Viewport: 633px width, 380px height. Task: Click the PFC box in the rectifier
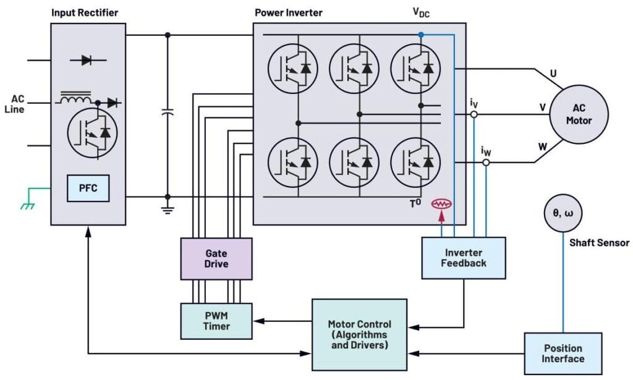(x=88, y=188)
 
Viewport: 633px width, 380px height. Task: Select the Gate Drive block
(x=216, y=258)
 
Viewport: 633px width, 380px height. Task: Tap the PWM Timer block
(x=216, y=321)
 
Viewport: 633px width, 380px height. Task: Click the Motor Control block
(x=359, y=334)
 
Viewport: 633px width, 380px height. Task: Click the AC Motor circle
(x=579, y=114)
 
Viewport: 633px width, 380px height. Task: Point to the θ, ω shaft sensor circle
(x=563, y=214)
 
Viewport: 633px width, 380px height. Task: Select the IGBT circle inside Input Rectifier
(x=91, y=132)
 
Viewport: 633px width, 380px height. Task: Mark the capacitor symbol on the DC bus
(x=167, y=112)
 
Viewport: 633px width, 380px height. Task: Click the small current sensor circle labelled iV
(x=474, y=114)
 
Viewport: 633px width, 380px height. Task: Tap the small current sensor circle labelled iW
(x=486, y=163)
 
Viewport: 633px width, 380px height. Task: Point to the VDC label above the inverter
(x=421, y=12)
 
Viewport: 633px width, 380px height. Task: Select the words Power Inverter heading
(x=288, y=12)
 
